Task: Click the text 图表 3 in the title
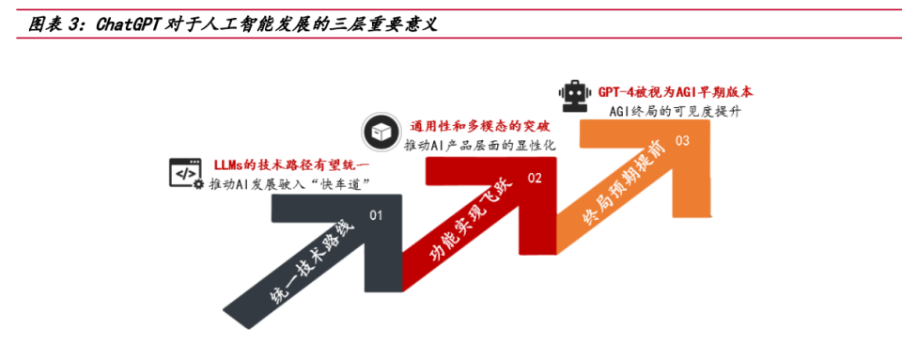point(52,24)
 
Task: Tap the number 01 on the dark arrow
point(376,215)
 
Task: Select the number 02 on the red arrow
point(534,177)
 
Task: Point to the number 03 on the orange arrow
point(682,141)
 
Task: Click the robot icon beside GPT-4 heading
point(573,95)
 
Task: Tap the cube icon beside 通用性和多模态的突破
point(379,133)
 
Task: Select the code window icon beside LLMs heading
point(185,172)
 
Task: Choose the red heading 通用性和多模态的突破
point(480,126)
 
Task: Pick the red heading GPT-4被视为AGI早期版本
point(675,92)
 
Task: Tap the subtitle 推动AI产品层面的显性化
point(481,146)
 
